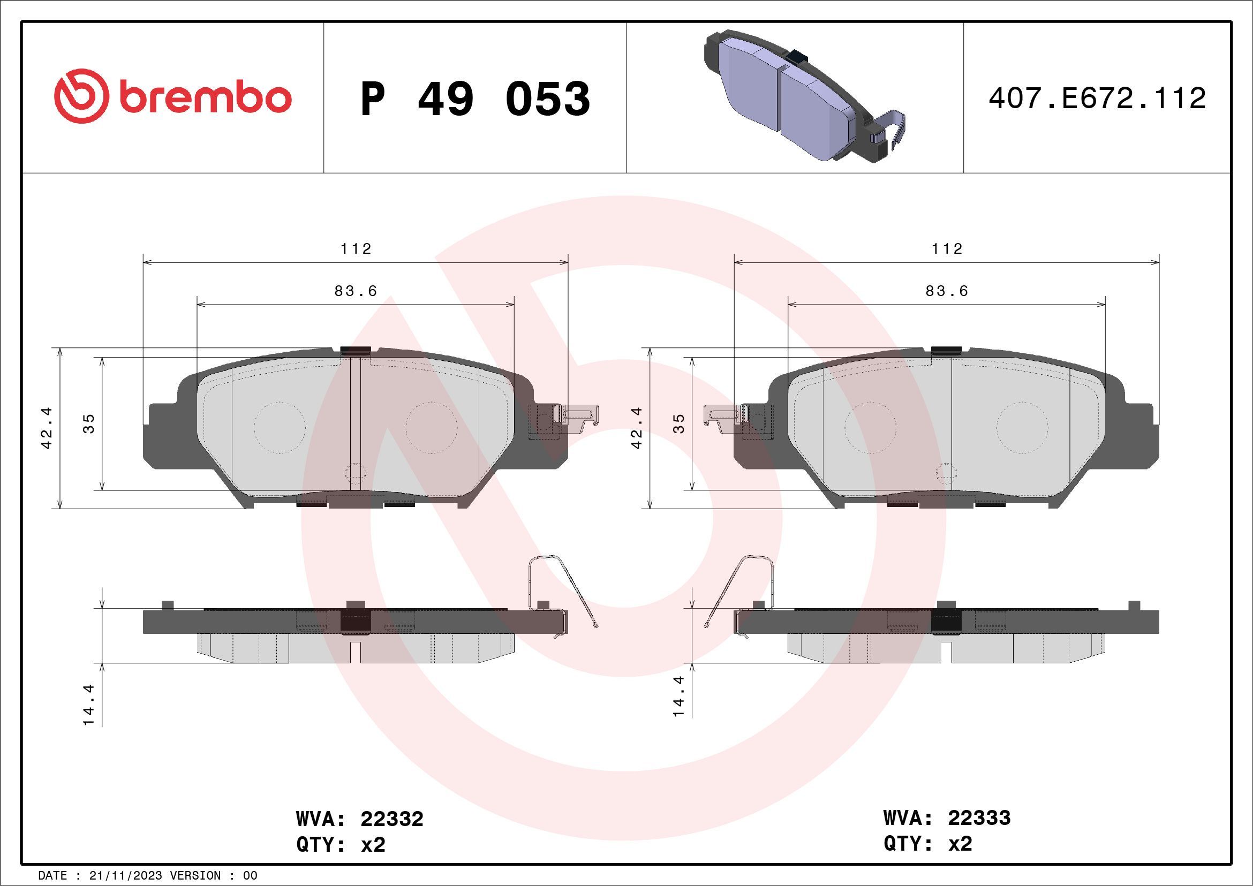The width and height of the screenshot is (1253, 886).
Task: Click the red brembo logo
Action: point(172,96)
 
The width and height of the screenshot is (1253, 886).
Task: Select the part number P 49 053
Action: point(475,99)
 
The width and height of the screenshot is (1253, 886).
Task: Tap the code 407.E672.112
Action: point(1097,99)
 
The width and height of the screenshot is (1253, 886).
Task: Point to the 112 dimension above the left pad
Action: point(356,249)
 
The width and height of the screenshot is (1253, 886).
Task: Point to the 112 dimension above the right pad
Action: point(947,249)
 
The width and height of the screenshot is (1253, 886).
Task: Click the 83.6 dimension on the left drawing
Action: point(356,291)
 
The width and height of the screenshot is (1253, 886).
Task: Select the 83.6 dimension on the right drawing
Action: point(947,291)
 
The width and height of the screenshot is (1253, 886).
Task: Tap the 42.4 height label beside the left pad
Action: point(47,428)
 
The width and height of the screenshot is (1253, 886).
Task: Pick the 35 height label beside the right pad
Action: point(679,423)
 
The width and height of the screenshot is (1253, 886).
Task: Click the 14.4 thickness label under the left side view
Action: point(89,705)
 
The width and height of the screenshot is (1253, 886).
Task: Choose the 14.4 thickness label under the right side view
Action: point(679,696)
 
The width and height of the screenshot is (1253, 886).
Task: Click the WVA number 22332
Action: point(392,819)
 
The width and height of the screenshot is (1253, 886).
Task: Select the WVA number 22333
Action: point(979,818)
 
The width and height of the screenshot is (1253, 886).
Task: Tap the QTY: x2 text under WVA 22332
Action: point(341,845)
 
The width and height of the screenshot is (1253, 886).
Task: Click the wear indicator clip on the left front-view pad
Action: point(576,415)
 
